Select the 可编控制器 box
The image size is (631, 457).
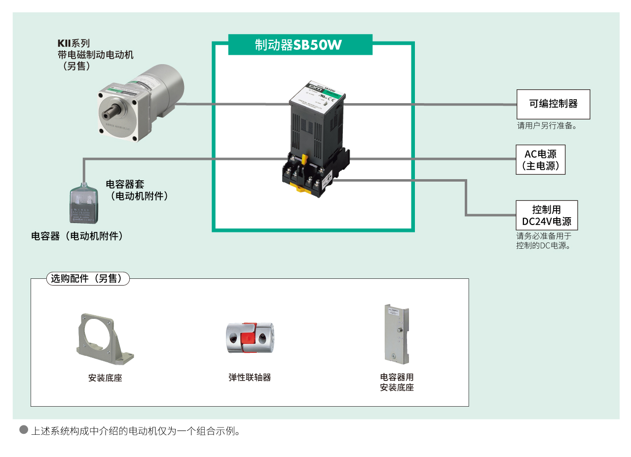(x=553, y=104)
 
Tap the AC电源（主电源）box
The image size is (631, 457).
(x=540, y=160)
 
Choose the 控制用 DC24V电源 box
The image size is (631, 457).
(x=546, y=215)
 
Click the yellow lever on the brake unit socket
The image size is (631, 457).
(x=304, y=160)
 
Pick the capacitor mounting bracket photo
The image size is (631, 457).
(x=397, y=334)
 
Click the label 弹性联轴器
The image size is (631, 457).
(x=250, y=378)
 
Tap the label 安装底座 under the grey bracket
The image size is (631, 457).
(x=105, y=379)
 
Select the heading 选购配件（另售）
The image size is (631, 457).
(x=87, y=278)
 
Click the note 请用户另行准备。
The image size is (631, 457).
(x=547, y=126)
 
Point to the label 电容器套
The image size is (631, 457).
(x=125, y=184)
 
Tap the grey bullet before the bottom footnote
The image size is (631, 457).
(x=24, y=430)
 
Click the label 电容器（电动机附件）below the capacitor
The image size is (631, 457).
(x=77, y=236)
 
